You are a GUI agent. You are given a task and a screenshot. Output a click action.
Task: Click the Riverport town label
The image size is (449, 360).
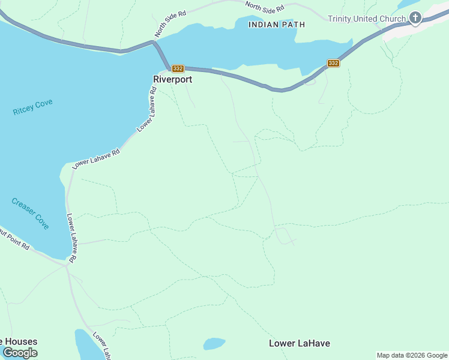pos(173,79)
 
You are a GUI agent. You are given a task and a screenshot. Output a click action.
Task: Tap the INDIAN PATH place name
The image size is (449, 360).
pos(277,25)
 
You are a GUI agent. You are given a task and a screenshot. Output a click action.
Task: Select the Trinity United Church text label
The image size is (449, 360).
pos(367,19)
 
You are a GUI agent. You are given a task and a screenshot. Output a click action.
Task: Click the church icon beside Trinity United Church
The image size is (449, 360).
pos(416,18)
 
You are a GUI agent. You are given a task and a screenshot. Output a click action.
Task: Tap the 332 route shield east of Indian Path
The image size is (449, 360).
pos(334,63)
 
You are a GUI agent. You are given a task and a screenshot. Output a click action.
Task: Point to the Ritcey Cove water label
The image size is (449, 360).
pos(32,107)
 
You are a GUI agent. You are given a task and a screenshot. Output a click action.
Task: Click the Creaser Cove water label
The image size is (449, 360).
pos(30,213)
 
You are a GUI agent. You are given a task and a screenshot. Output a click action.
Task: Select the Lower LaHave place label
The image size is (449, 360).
pos(299,343)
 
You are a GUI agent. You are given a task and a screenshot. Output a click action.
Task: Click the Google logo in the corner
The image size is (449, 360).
pos(20,353)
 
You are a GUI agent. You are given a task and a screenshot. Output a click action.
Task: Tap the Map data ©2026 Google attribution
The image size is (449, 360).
pos(412,355)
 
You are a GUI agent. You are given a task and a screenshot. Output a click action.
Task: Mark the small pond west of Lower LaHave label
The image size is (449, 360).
pos(214,344)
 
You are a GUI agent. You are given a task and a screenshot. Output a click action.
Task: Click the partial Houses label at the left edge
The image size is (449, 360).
pos(19,341)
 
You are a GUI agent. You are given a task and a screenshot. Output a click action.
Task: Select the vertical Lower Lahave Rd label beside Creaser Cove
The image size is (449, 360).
pos(71,238)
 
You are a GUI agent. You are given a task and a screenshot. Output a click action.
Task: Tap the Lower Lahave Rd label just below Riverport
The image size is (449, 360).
pos(148,109)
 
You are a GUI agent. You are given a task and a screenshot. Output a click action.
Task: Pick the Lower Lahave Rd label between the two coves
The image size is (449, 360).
pos(96,159)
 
